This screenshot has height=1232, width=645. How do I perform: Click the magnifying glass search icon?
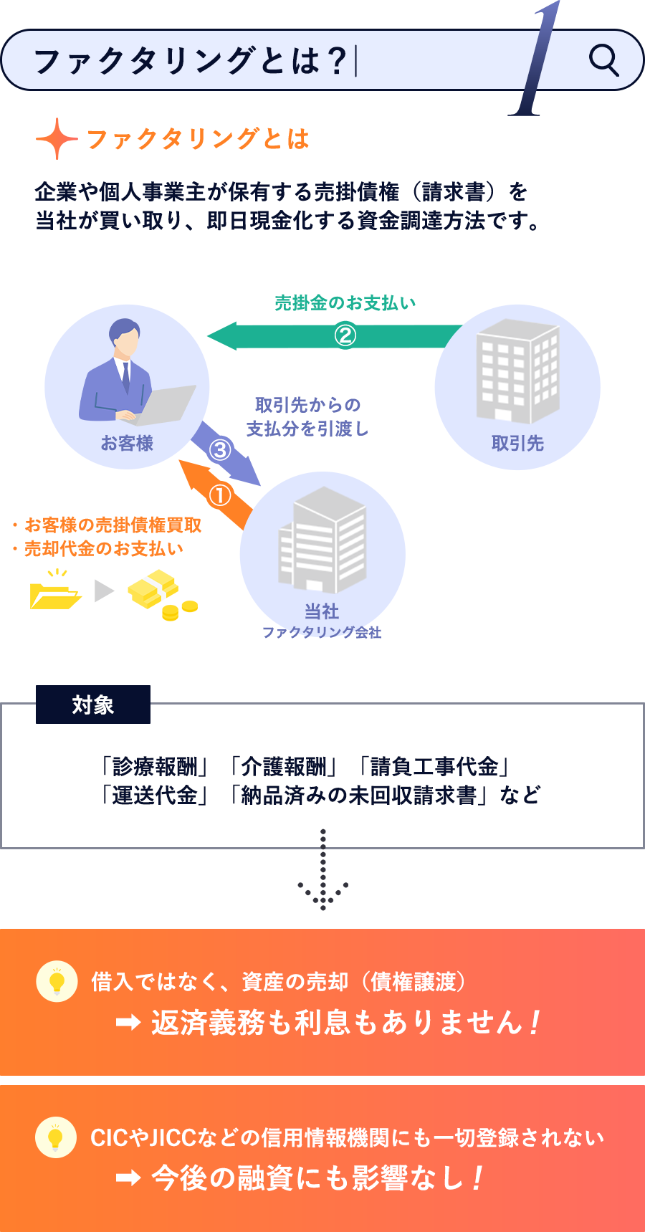(x=603, y=60)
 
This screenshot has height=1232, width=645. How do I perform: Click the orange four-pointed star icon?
(x=56, y=138)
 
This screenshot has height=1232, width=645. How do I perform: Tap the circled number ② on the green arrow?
(x=345, y=335)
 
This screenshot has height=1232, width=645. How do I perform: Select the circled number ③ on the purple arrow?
(x=220, y=449)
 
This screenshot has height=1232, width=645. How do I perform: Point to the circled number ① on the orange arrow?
(x=220, y=495)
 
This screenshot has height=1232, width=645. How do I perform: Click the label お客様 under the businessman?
(x=127, y=444)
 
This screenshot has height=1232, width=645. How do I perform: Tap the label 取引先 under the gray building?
(x=517, y=444)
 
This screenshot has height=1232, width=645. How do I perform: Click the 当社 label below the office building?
(x=322, y=611)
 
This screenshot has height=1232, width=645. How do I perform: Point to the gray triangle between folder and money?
(x=104, y=591)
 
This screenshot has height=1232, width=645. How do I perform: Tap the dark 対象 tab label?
(x=93, y=705)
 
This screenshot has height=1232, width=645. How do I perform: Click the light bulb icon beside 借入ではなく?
(x=57, y=981)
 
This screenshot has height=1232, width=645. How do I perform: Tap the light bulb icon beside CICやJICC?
(x=56, y=1137)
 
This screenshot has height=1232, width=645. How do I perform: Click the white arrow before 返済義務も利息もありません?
(x=128, y=1023)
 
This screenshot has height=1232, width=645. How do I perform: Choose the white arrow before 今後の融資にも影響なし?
(x=128, y=1178)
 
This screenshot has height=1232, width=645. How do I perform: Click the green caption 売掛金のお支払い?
(x=345, y=303)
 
